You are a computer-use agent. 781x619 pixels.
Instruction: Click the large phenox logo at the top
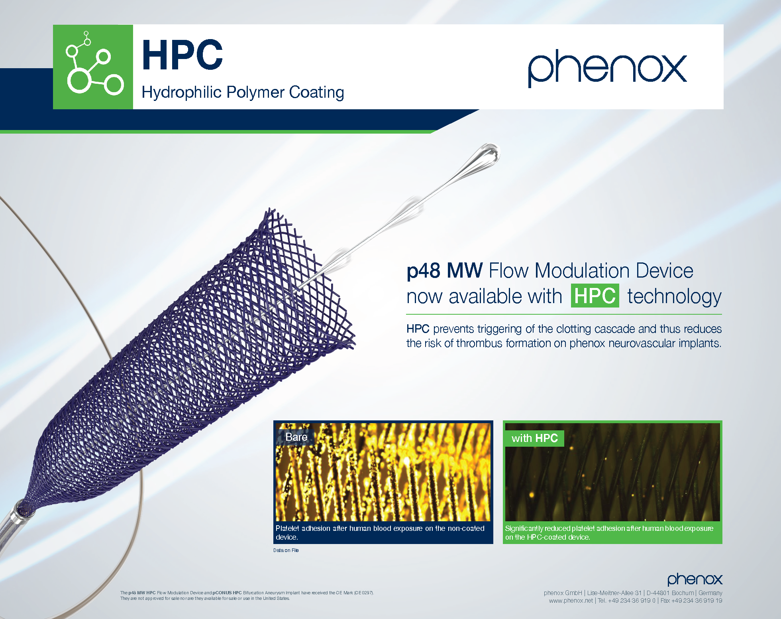[607, 68]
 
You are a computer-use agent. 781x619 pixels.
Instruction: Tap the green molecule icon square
[93, 67]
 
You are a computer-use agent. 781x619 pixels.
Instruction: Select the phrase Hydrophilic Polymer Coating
[243, 93]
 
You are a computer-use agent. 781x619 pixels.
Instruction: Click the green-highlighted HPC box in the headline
[595, 296]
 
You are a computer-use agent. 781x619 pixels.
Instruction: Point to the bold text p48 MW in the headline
[445, 271]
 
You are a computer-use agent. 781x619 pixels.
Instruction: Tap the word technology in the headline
[675, 297]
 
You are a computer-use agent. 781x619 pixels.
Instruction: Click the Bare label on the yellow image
[296, 437]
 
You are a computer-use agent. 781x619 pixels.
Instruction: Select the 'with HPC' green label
[535, 438]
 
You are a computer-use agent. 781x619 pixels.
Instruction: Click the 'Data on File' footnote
[286, 550]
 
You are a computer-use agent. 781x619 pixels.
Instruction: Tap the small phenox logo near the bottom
[695, 580]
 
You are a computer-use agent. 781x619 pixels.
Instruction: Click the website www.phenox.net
[571, 601]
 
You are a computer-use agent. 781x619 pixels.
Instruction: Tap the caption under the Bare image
[380, 533]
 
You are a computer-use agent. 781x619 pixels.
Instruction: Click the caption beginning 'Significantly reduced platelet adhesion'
[609, 533]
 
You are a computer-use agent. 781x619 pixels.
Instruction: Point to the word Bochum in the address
[683, 593]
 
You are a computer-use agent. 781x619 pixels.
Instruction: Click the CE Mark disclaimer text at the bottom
[247, 595]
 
